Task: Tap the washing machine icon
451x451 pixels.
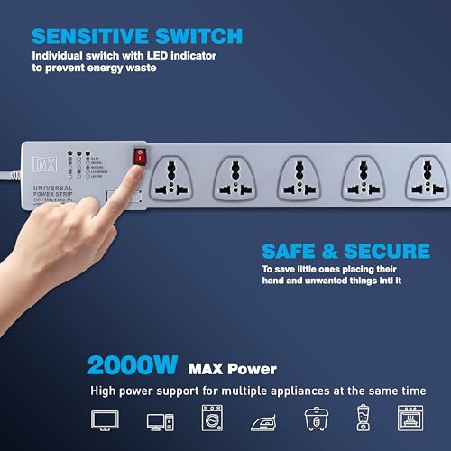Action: pyautogui.click(x=212, y=419)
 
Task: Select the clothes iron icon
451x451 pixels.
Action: pyautogui.click(x=263, y=420)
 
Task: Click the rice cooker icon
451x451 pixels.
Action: pyautogui.click(x=313, y=419)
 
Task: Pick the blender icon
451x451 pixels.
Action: pyautogui.click(x=361, y=419)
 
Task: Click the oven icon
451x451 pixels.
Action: pyautogui.click(x=410, y=419)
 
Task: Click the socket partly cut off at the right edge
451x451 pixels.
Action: pyautogui.click(x=429, y=178)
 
